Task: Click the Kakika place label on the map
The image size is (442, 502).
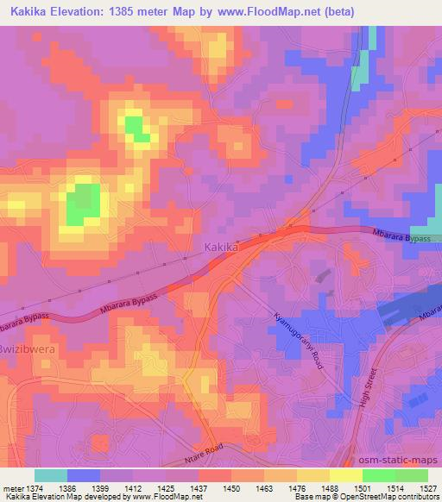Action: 221,248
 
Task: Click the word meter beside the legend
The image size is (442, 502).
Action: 14,488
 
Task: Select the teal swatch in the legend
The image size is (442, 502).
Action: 51,475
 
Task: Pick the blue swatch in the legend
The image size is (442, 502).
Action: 84,475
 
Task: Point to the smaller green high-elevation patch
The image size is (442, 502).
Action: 136,128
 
